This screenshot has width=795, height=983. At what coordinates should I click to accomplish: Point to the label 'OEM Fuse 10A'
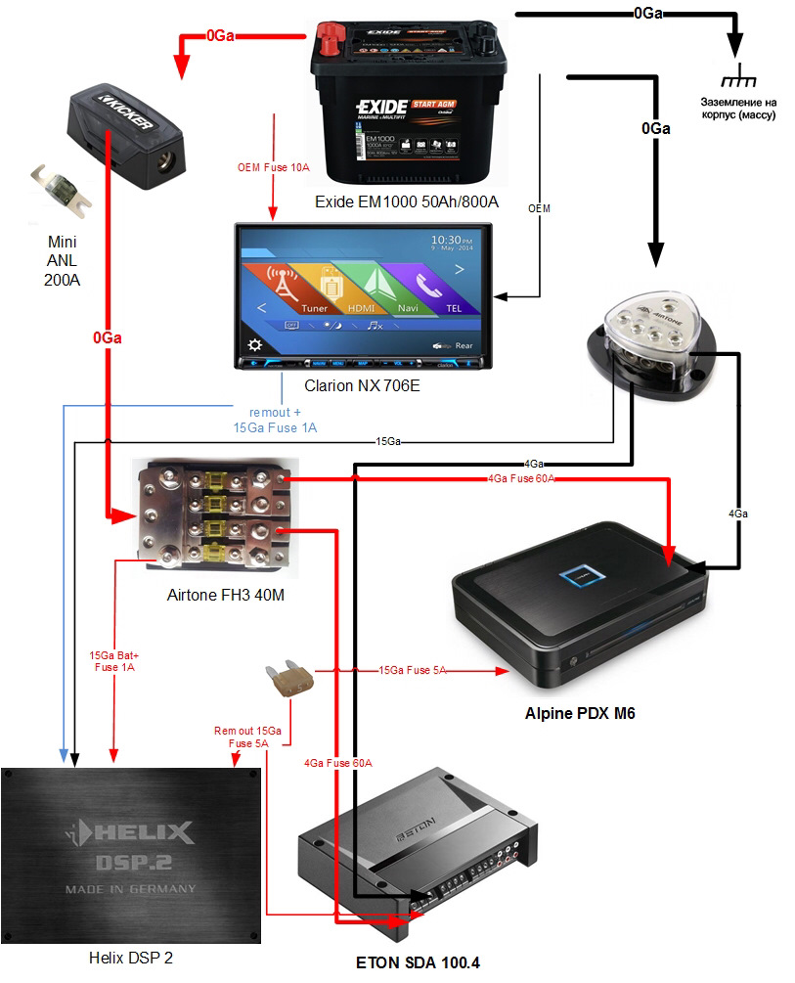click(x=274, y=167)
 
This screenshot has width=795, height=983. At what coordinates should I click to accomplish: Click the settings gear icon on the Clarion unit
click(x=254, y=344)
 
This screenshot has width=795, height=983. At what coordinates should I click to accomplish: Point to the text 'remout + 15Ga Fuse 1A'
click(x=275, y=420)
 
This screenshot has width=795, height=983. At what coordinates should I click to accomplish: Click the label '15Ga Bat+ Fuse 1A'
click(x=111, y=660)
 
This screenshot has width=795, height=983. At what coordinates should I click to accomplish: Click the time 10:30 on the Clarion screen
click(x=453, y=240)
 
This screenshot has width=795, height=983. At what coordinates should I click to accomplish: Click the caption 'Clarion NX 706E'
click(x=362, y=385)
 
